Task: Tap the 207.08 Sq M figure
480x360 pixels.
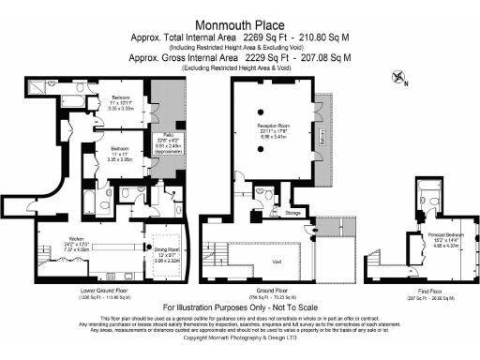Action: [324, 57]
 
